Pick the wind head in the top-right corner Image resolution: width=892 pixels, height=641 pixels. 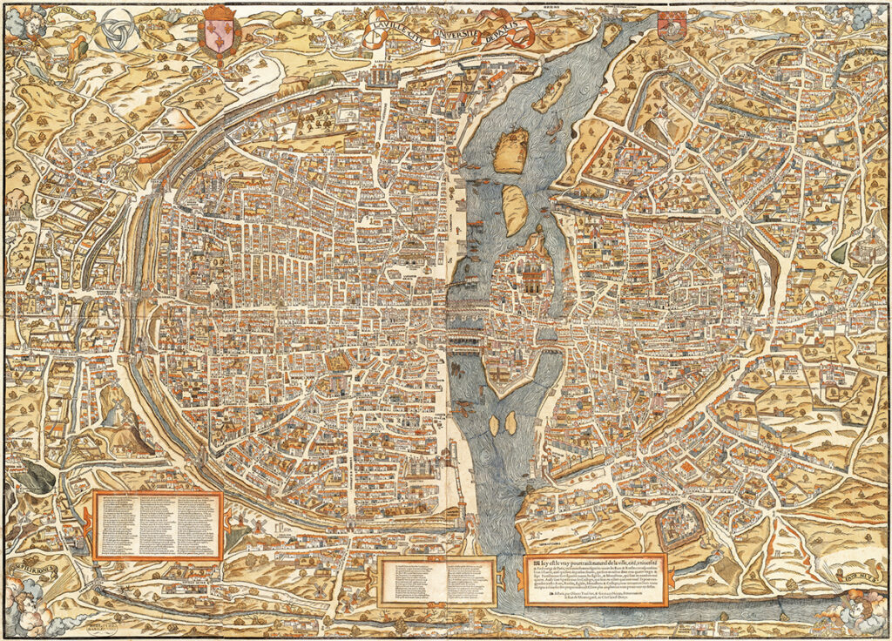[871, 22]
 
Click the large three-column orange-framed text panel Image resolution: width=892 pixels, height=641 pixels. [158, 524]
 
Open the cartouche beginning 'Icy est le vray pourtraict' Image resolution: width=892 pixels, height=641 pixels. [596, 579]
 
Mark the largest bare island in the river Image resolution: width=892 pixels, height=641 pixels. [512, 150]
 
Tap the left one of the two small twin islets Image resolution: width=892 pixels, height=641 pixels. [495, 425]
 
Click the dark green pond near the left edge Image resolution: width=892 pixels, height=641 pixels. [37, 475]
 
